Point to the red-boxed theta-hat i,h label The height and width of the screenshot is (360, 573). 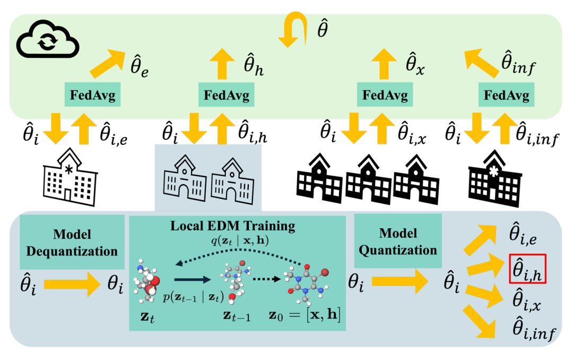[x=527, y=269]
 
